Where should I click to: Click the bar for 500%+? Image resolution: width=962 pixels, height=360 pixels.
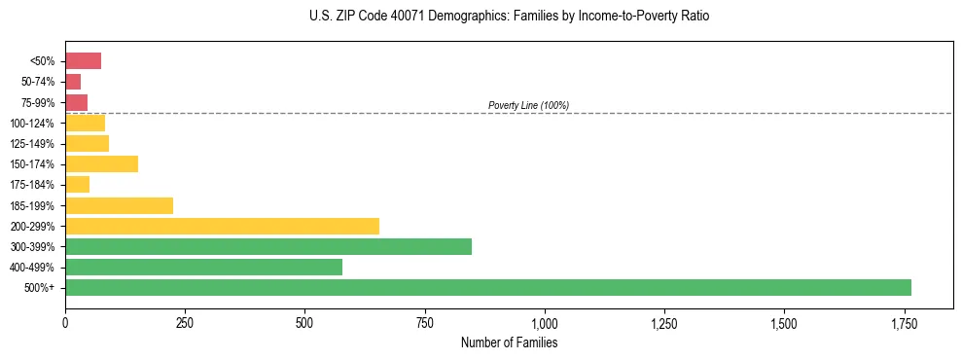tap(487, 288)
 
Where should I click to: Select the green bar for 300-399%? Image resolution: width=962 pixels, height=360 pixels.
tap(268, 247)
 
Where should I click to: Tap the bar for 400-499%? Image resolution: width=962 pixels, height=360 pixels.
tap(203, 268)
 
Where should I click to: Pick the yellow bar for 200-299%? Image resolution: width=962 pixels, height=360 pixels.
tap(222, 226)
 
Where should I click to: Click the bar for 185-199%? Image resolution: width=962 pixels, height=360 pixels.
tap(119, 205)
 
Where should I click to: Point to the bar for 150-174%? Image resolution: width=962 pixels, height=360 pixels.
tap(101, 164)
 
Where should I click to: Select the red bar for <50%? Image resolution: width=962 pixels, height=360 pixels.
tap(83, 61)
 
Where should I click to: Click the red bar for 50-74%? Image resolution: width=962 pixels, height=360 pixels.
tap(73, 82)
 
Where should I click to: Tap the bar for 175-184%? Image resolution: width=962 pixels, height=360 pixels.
tap(77, 185)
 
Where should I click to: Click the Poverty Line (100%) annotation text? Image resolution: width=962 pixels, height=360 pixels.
tap(528, 105)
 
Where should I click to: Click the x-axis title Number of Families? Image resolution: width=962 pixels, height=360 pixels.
tap(509, 342)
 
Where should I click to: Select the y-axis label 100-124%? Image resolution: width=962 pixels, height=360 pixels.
tap(38, 124)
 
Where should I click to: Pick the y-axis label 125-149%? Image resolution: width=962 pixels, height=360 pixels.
tap(38, 144)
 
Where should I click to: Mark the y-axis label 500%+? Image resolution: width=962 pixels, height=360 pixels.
tap(44, 288)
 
